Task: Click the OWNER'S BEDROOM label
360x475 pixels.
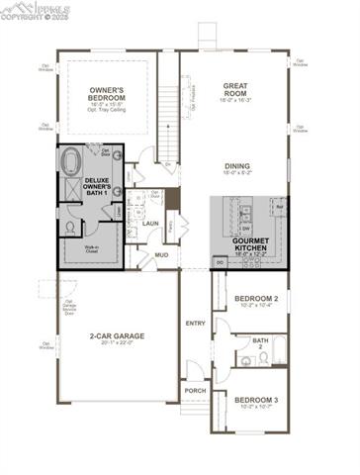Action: click(106, 95)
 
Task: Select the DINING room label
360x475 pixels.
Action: click(235, 166)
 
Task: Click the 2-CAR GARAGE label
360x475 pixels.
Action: click(117, 336)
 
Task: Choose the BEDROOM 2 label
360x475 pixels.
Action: click(256, 298)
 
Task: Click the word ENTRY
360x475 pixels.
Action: click(195, 324)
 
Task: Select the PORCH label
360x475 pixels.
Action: click(196, 390)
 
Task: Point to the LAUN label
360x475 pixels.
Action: click(150, 224)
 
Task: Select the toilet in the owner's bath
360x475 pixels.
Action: click(70, 227)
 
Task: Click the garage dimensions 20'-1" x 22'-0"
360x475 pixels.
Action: click(117, 344)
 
